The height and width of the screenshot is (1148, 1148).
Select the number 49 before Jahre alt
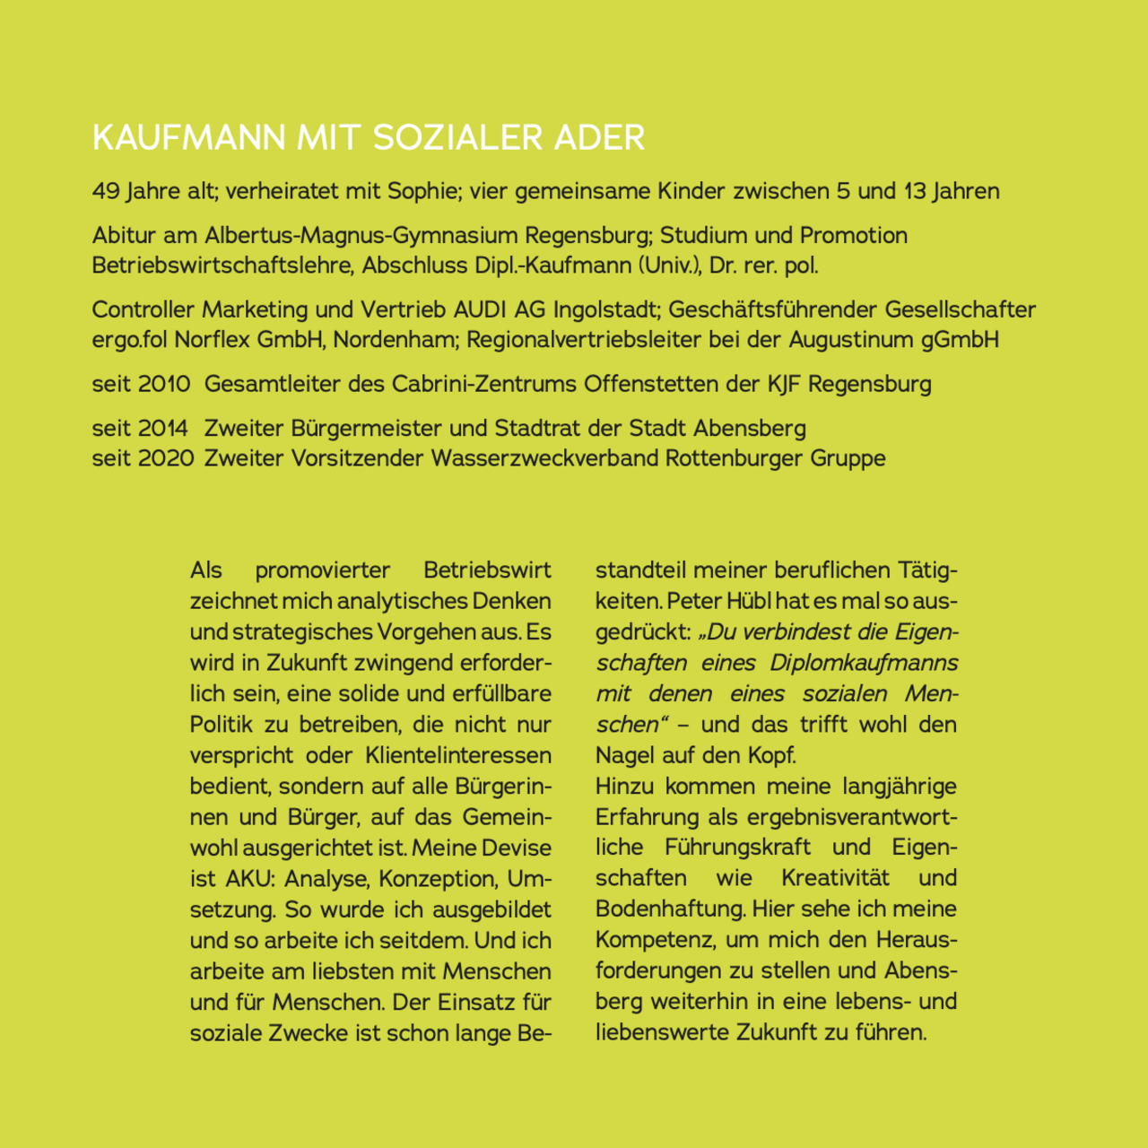[x=105, y=191]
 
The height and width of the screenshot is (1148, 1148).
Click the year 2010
[x=164, y=384]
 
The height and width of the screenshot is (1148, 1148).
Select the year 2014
[x=164, y=429]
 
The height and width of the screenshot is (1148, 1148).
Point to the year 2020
[x=166, y=458]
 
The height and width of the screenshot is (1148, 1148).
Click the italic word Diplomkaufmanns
[x=864, y=663]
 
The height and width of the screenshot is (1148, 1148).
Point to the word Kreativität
[x=835, y=878]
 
